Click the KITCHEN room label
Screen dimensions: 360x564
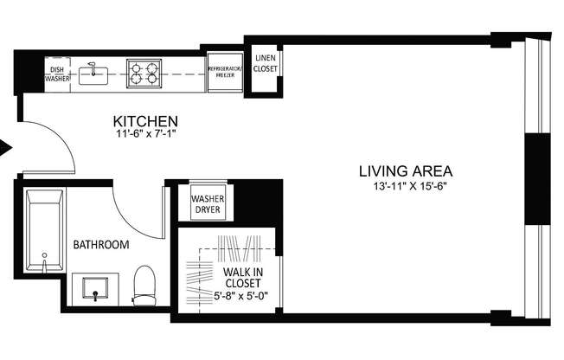pos(146,120)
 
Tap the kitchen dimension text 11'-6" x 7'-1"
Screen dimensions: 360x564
pos(146,134)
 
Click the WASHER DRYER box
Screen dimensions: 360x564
pos(206,204)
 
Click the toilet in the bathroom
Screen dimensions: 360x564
pos(144,285)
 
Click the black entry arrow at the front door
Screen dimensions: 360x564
pos(5,148)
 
